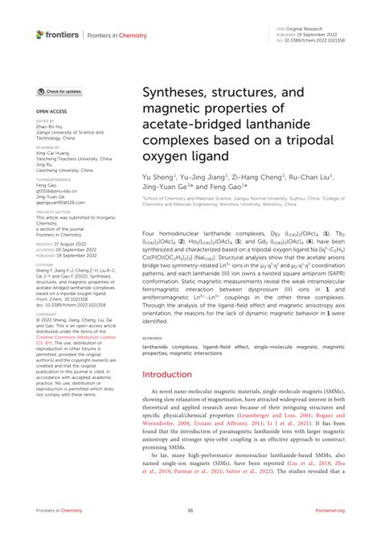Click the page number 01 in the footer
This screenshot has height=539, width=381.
coord(190,532)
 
